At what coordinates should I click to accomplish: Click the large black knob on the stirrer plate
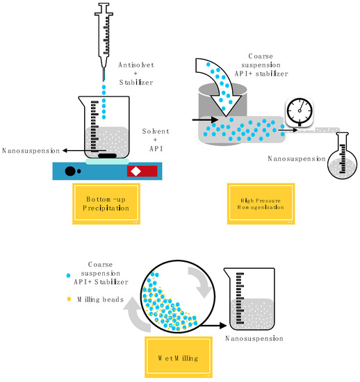69,170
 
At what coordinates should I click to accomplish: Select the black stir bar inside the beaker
106,156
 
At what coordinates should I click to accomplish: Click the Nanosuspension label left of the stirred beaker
27,150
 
